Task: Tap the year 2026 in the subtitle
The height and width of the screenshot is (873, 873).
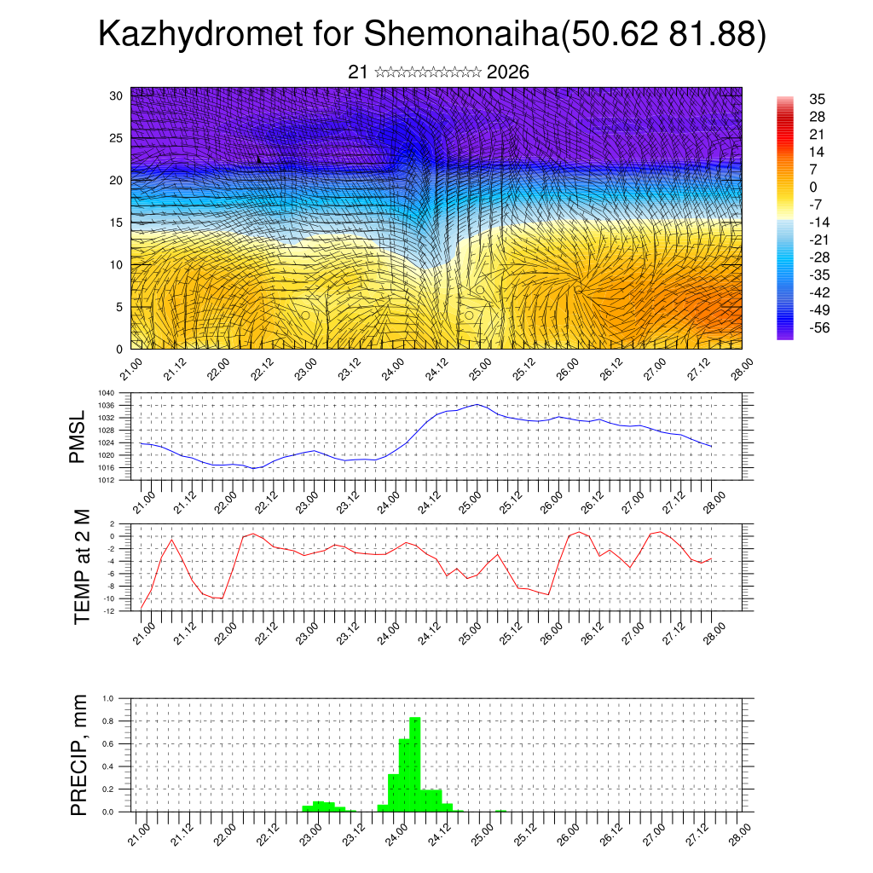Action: [508, 72]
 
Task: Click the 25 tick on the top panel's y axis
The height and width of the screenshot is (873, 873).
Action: [117, 138]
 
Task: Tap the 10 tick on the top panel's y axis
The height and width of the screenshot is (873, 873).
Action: [117, 264]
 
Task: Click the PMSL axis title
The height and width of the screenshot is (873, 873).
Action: [78, 436]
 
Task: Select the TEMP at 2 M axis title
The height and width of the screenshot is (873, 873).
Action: [82, 567]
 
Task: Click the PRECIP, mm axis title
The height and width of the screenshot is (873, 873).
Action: [79, 754]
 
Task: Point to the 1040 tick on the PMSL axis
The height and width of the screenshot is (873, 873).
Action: [118, 394]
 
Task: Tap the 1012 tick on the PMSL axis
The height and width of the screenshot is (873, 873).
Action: [118, 480]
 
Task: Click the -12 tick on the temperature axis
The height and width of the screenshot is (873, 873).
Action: [119, 610]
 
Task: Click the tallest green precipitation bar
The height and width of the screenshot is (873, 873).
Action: [415, 764]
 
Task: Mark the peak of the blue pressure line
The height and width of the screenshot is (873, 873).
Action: [477, 404]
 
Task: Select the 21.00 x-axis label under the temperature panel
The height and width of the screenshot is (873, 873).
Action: [142, 633]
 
